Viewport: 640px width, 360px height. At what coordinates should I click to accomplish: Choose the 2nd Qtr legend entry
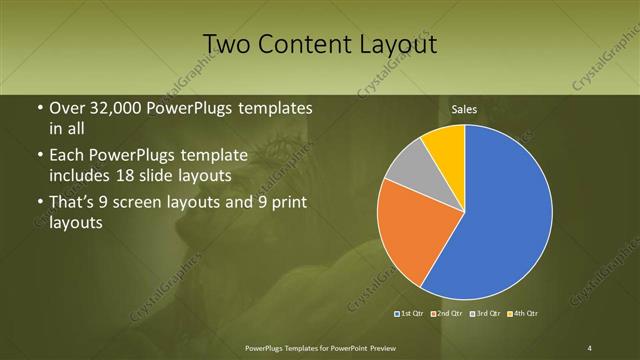pyautogui.click(x=448, y=314)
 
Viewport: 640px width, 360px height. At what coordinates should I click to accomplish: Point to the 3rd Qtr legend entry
pyautogui.click(x=486, y=314)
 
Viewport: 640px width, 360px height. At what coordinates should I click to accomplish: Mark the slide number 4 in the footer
pyautogui.click(x=590, y=347)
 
